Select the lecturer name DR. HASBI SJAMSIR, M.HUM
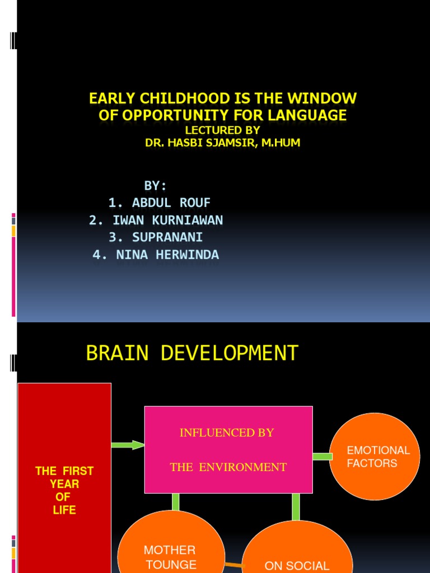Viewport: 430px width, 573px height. tap(223, 143)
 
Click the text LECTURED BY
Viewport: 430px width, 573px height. tap(223, 130)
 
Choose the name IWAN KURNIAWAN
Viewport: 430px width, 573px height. tap(156, 220)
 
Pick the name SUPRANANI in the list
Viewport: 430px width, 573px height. tap(156, 237)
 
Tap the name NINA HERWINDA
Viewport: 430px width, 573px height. tap(156, 255)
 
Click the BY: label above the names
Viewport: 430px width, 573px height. tap(156, 186)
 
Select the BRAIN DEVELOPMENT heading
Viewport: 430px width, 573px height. tap(192, 353)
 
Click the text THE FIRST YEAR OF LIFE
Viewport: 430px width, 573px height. tap(64, 490)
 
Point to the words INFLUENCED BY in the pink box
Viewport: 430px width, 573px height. tap(227, 433)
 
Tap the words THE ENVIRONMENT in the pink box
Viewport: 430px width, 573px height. tap(228, 467)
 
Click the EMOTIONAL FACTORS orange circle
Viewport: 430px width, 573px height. tap(375, 457)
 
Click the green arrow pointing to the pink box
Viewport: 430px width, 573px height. tap(128, 445)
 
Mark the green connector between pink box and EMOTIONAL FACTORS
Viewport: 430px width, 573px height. tap(322, 457)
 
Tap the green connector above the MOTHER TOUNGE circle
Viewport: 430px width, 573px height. tap(176, 502)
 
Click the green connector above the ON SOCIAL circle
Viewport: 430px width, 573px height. tap(296, 507)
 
